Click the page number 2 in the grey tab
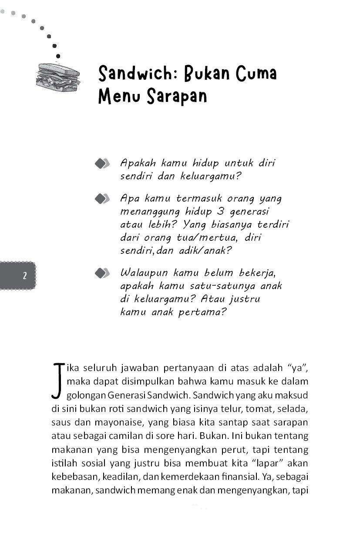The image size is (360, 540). (24, 275)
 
